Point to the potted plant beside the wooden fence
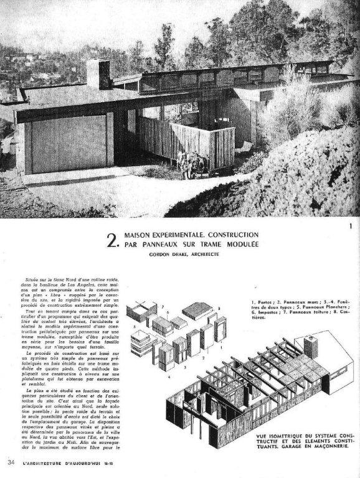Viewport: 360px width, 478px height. (184, 163)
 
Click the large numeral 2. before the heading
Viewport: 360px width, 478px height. (113, 241)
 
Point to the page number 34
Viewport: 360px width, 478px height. (11, 462)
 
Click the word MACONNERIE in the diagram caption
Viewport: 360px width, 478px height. (327, 449)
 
